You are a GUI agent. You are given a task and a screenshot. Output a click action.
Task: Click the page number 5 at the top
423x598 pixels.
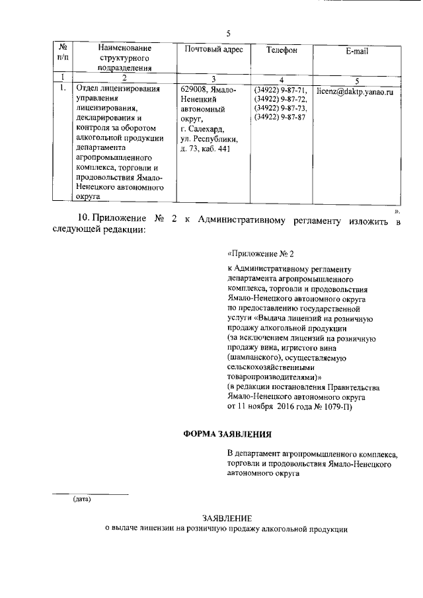[x=228, y=33]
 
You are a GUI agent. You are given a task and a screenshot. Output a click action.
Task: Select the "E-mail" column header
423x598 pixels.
[x=356, y=51]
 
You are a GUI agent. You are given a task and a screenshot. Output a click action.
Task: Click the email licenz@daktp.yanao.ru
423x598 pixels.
[x=355, y=93]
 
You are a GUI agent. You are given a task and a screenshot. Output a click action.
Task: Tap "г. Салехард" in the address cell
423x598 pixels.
[x=202, y=129]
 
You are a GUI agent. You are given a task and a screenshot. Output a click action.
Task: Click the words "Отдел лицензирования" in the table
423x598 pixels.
[x=118, y=89]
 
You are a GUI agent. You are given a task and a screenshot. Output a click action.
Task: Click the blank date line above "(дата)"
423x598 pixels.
[x=90, y=493]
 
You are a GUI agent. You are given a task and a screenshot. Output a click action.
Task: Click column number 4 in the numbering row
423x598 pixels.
[x=282, y=79]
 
